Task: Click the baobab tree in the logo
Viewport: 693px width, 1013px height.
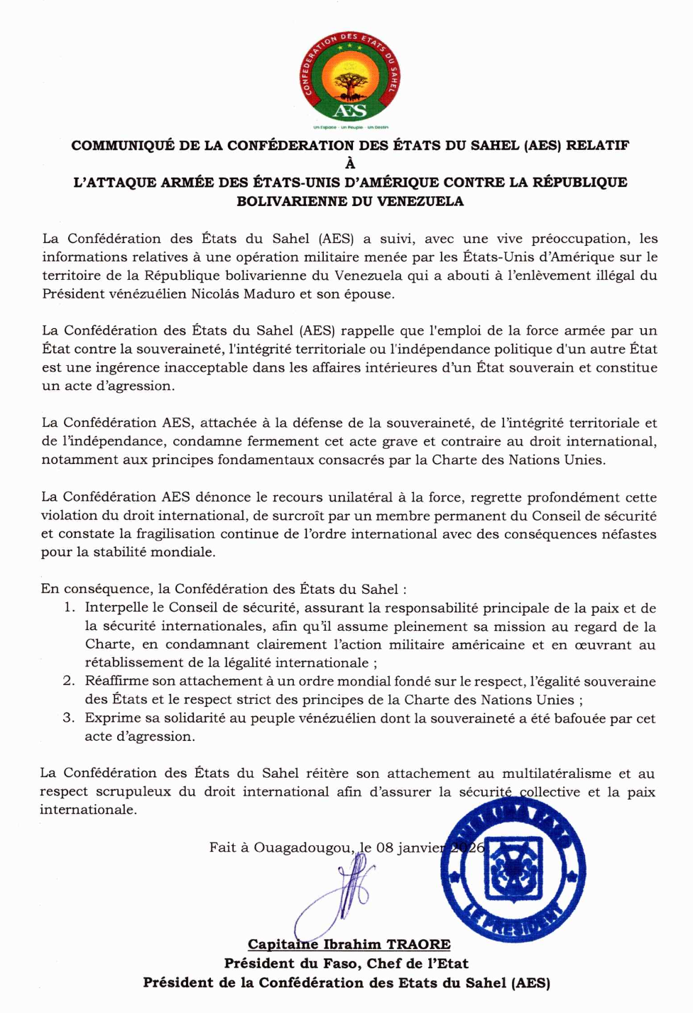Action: [x=349, y=84]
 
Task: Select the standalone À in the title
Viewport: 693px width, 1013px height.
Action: [x=350, y=164]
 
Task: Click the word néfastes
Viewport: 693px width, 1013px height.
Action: [x=629, y=534]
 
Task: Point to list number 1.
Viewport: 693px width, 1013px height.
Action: [x=69, y=608]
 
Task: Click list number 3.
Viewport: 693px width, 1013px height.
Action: [x=68, y=718]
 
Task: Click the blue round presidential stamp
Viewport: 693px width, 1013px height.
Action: [x=513, y=869]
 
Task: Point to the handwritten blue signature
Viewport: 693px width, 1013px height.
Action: [x=337, y=895]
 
